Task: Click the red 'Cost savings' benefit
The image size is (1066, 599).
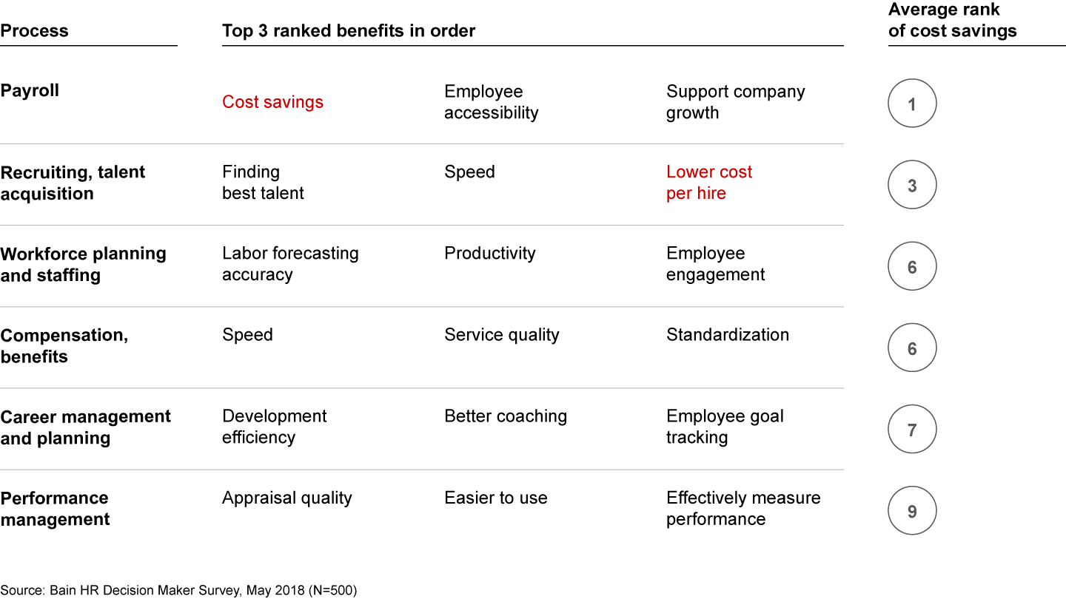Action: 272,102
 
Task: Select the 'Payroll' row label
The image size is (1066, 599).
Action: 30,91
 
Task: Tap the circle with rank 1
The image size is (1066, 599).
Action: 912,104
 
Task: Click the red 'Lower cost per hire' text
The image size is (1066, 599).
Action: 708,183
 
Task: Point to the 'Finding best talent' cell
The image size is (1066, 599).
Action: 263,183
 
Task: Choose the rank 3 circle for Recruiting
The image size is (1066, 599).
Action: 912,186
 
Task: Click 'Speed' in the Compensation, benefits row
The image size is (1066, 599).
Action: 247,335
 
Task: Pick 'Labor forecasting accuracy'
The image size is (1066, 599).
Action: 290,264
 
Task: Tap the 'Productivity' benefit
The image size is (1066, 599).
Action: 489,254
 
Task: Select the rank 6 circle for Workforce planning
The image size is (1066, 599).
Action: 912,267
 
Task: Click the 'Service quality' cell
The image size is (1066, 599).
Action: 501,335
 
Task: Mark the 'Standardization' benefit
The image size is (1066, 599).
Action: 727,335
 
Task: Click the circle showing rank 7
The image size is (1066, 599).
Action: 912,430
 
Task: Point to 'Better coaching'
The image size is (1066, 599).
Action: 506,416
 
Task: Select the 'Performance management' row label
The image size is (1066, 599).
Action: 55,508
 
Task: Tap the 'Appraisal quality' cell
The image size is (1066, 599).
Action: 286,498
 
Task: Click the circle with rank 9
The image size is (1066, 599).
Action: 912,511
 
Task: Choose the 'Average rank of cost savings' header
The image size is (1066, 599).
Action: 952,20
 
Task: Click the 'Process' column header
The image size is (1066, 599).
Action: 34,31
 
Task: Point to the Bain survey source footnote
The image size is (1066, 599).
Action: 178,590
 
